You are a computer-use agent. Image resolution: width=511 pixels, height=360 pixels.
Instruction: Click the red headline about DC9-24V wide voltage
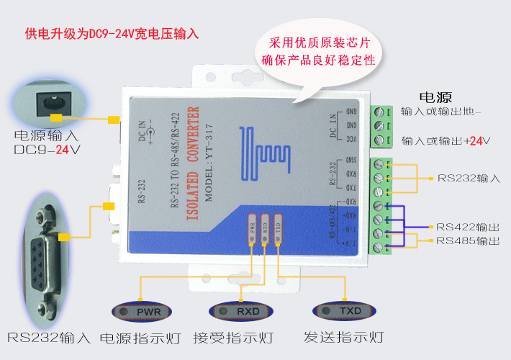click(x=112, y=34)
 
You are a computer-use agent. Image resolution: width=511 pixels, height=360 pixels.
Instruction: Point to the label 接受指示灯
click(x=233, y=338)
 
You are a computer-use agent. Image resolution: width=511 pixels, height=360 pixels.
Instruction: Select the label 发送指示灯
click(x=343, y=338)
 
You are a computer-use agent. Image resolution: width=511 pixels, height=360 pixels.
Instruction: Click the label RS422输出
click(x=468, y=225)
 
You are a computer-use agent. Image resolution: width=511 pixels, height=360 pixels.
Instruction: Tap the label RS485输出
click(x=468, y=240)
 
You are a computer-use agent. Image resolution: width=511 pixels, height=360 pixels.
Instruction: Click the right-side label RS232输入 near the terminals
click(x=469, y=178)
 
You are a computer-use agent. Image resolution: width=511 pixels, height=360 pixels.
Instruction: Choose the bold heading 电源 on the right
click(x=435, y=97)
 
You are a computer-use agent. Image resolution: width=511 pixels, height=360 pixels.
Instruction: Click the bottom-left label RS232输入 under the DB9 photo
click(x=49, y=338)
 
